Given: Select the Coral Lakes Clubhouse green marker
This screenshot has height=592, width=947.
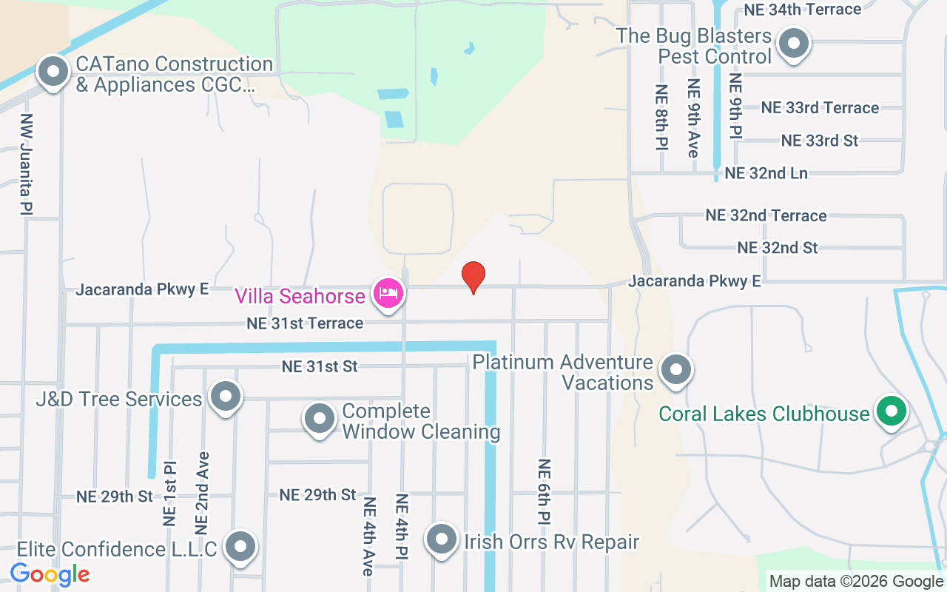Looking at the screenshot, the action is click(x=892, y=411).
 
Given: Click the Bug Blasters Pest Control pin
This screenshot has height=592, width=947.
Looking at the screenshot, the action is click(x=794, y=44).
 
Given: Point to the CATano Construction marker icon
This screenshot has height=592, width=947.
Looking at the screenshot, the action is click(x=53, y=73).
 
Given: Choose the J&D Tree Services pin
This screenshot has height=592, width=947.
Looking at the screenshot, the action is click(x=225, y=397).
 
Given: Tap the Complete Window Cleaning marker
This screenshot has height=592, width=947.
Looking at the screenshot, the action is click(x=320, y=419).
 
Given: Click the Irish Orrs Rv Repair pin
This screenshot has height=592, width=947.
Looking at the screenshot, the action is click(x=442, y=539).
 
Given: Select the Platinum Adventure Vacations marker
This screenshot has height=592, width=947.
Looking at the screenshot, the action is click(x=675, y=370).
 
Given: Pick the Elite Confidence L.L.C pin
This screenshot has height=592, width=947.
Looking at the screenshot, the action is click(x=240, y=547).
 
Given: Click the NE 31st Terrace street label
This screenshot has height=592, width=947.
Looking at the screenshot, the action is click(x=306, y=323).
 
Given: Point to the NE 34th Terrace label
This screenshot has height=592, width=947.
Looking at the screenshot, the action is click(x=802, y=10).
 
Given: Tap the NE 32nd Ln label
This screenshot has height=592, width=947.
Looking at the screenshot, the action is click(x=766, y=173).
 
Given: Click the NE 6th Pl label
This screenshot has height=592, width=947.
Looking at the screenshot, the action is click(x=544, y=492).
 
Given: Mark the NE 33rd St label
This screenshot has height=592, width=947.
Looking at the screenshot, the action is click(x=820, y=140).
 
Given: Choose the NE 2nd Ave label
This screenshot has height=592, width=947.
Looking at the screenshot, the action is click(x=202, y=493).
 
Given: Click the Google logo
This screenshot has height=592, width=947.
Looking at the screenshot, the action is click(x=50, y=574).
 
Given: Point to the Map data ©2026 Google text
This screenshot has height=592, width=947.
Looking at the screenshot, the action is click(x=856, y=582).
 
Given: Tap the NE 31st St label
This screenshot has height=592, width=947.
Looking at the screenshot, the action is click(x=320, y=366).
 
